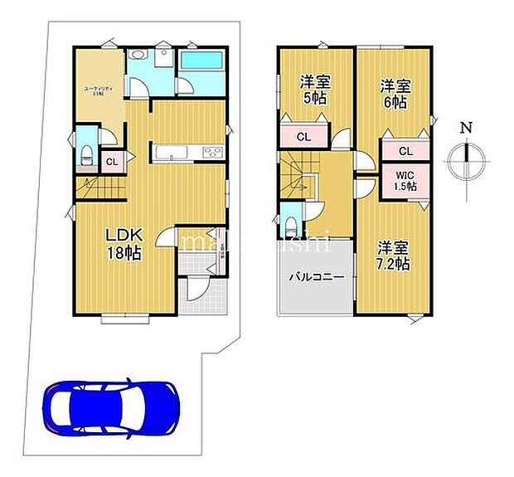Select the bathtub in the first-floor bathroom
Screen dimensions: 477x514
click(x=203, y=61)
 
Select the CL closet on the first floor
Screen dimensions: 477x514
click(x=111, y=162)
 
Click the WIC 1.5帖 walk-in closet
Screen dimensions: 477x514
click(x=405, y=181)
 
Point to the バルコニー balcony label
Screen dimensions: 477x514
click(x=311, y=275)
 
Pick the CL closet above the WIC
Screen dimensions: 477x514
click(x=405, y=151)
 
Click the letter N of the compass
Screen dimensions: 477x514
click(x=467, y=128)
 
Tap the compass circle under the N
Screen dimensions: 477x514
click(x=467, y=160)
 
